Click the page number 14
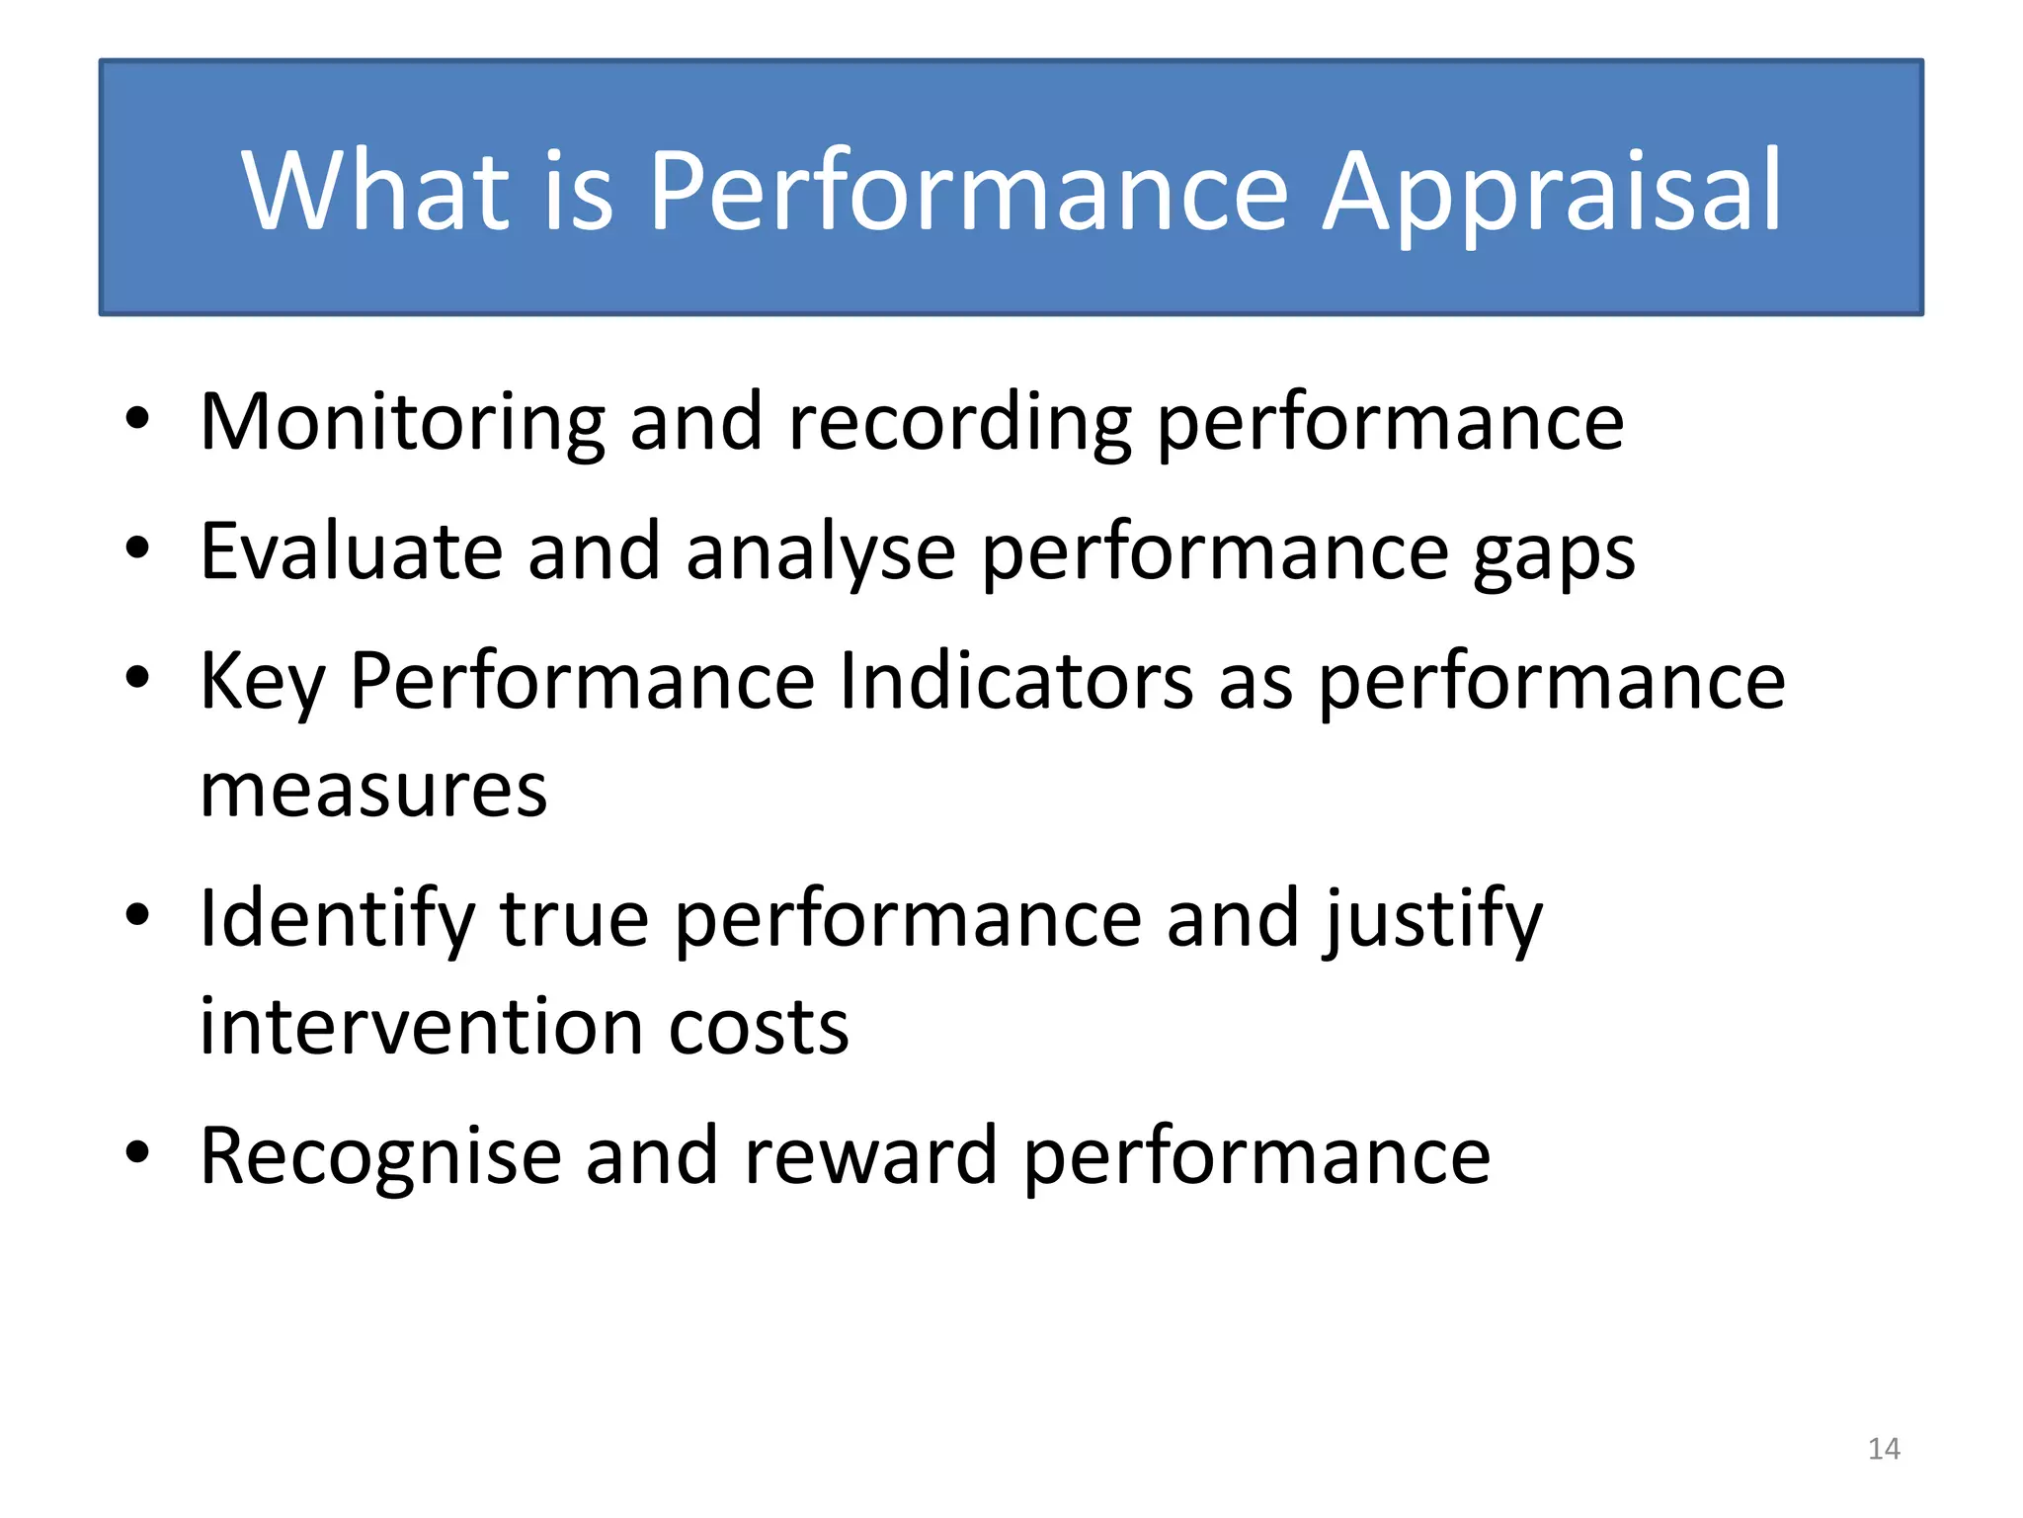tap(1884, 1449)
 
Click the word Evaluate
tap(351, 551)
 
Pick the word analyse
tap(820, 551)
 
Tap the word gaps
tap(1554, 551)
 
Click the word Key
tap(262, 682)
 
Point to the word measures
tap(373, 791)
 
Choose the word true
tap(574, 919)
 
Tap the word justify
tap(1432, 919)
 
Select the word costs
tap(758, 1028)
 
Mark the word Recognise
tap(380, 1156)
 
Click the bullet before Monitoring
tap(137, 419)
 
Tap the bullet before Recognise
tap(137, 1152)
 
